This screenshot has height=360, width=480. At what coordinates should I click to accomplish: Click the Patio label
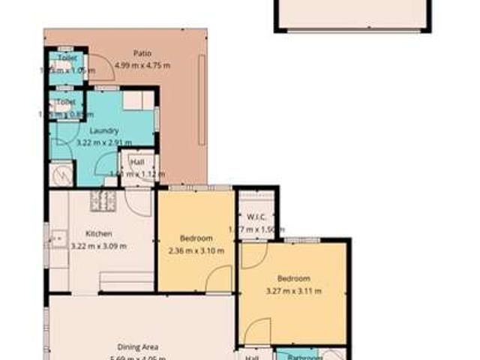pos(142,53)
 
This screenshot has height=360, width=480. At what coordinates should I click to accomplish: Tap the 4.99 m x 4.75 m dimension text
pos(142,65)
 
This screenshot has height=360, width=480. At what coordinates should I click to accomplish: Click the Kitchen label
pos(99,233)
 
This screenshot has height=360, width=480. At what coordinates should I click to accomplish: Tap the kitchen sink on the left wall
pos(55,240)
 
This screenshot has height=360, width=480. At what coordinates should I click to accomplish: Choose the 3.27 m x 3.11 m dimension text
pos(294,290)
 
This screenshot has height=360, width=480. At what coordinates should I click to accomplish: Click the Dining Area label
pos(137,346)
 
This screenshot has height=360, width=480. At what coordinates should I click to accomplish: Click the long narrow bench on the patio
pos(202,99)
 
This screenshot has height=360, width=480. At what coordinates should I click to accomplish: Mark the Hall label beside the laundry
pos(137,161)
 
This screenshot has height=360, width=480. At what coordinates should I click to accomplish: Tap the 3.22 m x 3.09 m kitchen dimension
pos(99,245)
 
